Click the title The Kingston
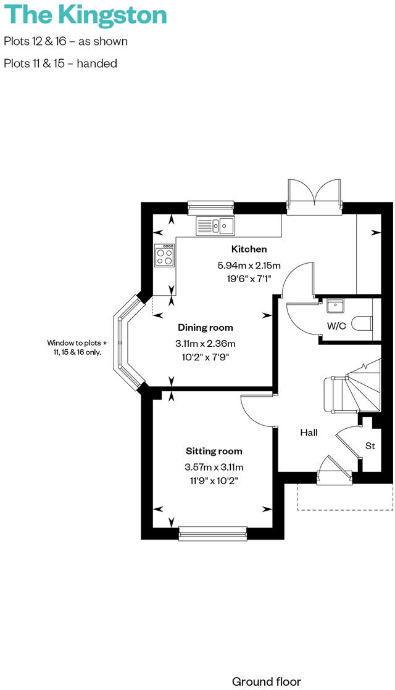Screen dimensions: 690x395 click(85, 15)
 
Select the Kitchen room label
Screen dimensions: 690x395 click(249, 250)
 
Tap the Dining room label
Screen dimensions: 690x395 click(206, 328)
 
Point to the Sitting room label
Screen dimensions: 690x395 click(214, 451)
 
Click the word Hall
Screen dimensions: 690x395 click(309, 433)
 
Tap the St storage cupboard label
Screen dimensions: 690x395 click(370, 446)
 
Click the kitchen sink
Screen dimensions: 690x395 click(215, 226)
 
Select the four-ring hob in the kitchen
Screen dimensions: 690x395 click(164, 255)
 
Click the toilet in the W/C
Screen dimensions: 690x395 click(362, 323)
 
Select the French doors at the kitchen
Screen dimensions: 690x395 click(315, 196)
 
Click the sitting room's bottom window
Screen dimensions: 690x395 click(213, 534)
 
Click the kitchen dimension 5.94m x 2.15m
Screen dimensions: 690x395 click(249, 266)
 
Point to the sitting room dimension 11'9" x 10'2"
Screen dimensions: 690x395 click(214, 480)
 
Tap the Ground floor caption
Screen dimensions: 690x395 click(266, 681)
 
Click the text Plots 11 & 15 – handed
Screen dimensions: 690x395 click(60, 63)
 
